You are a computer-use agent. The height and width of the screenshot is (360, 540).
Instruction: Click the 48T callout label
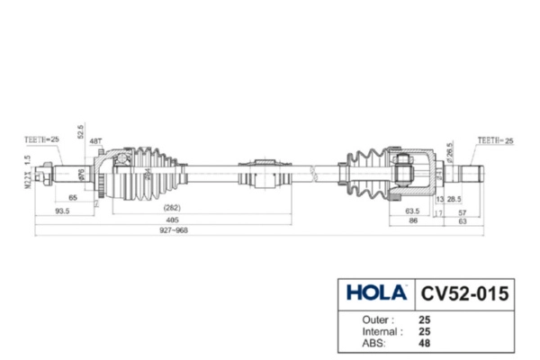(95, 140)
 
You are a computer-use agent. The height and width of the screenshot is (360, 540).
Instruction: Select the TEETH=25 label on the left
(41, 139)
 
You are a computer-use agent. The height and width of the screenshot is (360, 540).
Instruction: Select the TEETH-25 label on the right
(495, 140)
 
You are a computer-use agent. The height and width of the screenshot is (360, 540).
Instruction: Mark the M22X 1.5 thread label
(28, 169)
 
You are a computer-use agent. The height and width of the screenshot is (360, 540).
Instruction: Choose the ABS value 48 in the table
(425, 342)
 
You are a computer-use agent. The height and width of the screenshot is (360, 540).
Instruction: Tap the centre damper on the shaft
(264, 173)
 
